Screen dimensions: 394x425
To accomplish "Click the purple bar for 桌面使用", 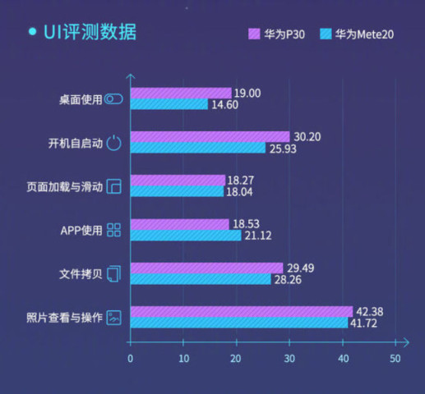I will [181, 93].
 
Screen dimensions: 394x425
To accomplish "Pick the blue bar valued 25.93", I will [198, 148].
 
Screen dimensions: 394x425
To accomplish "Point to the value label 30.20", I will [307, 136].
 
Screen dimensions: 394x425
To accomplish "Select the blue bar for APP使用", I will [186, 236].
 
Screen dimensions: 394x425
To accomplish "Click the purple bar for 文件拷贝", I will [207, 268].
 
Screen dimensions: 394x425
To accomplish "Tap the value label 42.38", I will [371, 311].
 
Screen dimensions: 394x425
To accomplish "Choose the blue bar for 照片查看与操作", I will [239, 323].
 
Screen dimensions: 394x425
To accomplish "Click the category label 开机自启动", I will [76, 143].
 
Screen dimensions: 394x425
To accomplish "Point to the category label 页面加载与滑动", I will [65, 186].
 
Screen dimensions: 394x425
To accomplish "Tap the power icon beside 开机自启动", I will [114, 143].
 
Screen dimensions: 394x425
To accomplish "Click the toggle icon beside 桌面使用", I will [114, 99].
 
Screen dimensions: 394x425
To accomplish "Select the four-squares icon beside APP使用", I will [114, 230].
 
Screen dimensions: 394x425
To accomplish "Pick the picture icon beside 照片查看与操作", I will [114, 317].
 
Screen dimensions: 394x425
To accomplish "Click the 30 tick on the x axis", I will [289, 358].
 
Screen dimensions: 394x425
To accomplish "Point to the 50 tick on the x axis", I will [395, 358].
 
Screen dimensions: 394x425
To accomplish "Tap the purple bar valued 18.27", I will [178, 180].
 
